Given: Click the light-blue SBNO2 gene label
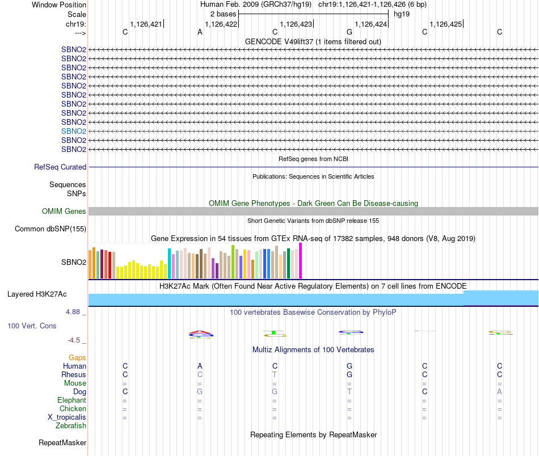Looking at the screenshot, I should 74,131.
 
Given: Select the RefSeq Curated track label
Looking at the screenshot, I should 60,167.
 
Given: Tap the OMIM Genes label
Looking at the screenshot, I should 64,212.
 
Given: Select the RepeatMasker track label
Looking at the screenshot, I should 62,443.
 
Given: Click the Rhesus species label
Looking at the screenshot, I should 74,375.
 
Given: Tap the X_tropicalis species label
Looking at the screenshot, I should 67,417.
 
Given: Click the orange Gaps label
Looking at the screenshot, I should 77,358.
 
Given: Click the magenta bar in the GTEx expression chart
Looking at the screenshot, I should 301,261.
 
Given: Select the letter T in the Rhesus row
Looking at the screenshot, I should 275,375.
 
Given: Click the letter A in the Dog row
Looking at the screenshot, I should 499,392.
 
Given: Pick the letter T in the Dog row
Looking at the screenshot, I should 349,392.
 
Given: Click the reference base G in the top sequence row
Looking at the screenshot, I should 349,32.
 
